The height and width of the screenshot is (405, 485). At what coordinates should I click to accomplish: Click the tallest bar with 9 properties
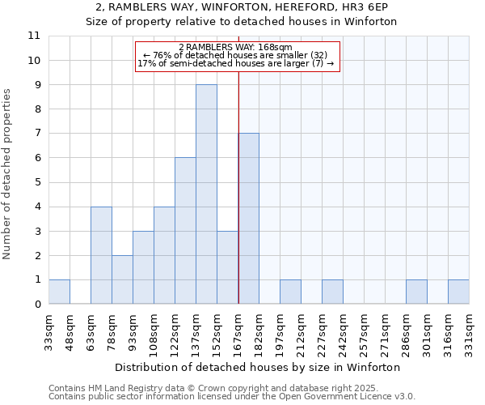(206, 194)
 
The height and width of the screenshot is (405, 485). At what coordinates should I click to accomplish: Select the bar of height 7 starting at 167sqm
(248, 219)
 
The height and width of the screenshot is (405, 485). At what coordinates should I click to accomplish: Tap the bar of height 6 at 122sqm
(185, 231)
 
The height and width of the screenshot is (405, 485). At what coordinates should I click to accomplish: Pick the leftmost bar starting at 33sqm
(59, 292)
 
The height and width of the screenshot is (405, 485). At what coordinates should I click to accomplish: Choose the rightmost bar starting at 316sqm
(458, 292)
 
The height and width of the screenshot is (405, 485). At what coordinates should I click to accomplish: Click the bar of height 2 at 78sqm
(122, 279)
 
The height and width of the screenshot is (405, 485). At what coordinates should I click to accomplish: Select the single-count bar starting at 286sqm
(416, 292)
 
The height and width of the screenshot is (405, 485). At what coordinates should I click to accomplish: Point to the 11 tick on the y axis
(34, 36)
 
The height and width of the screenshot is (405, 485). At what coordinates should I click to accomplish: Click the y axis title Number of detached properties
(9, 174)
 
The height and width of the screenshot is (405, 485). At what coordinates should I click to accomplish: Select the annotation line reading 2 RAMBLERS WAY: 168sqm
(235, 47)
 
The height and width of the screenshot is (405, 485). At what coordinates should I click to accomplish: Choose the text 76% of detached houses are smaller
(235, 55)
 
